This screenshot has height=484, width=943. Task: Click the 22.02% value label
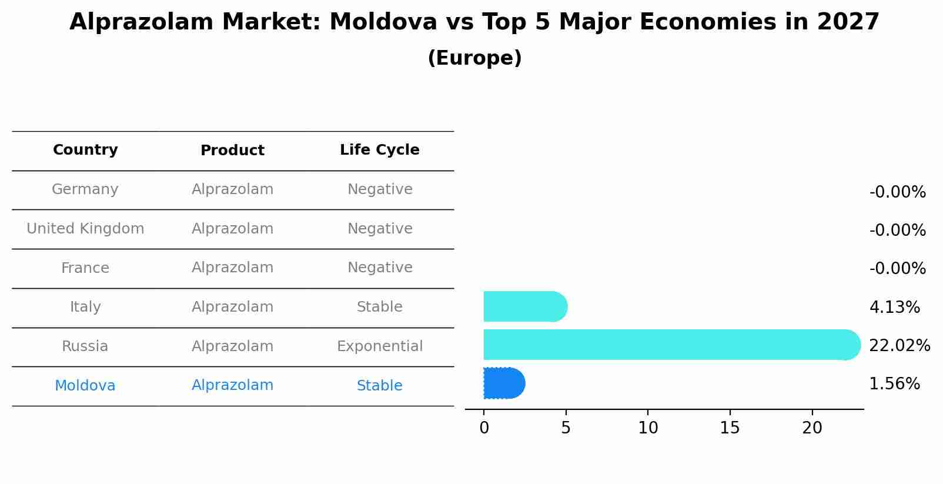(x=899, y=346)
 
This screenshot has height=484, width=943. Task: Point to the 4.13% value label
(x=894, y=308)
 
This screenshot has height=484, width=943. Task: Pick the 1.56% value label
(x=894, y=385)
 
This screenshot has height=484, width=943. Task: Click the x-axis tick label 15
(x=730, y=428)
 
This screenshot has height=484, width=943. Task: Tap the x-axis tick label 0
(x=484, y=428)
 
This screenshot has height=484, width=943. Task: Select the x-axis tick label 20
(x=812, y=428)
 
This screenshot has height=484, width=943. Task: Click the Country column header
(x=85, y=150)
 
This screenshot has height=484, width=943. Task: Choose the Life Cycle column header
(x=379, y=150)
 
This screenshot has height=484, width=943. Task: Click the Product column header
(x=232, y=151)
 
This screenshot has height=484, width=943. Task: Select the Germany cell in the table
(x=85, y=189)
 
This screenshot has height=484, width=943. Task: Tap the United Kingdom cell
(x=85, y=229)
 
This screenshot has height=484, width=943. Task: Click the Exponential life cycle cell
(x=379, y=346)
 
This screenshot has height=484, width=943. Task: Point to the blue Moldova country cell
(x=85, y=386)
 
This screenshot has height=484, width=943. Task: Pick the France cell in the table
(x=85, y=268)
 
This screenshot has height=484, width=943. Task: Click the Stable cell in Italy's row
(x=379, y=307)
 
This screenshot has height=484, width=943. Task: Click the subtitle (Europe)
(x=474, y=58)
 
